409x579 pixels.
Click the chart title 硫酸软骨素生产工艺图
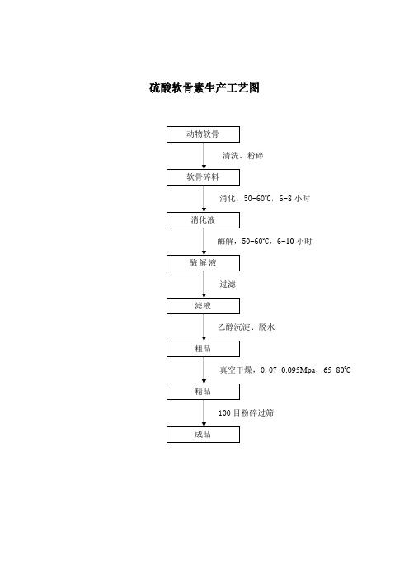[204, 88]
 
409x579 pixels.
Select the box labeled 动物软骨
[203, 134]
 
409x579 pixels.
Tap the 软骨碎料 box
[203, 177]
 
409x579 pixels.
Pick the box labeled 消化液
[203, 220]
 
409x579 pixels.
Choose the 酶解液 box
[203, 263]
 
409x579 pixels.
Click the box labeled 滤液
[203, 306]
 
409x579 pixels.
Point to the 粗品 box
[203, 349]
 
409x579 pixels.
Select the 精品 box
[203, 392]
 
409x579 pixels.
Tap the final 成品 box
[203, 434]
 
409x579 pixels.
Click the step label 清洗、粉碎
[242, 155]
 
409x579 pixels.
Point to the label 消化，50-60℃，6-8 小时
[265, 198]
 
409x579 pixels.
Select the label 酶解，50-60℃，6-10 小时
[265, 241]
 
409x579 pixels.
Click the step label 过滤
[228, 284]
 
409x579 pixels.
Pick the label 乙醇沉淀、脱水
[247, 327]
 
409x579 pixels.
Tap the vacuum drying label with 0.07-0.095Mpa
[285, 370]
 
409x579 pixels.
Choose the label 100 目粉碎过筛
[247, 412]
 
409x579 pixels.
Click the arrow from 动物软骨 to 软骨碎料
[204, 156]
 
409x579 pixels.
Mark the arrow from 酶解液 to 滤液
[204, 285]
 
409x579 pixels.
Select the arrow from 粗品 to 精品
[204, 370]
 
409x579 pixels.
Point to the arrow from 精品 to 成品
[204, 413]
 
